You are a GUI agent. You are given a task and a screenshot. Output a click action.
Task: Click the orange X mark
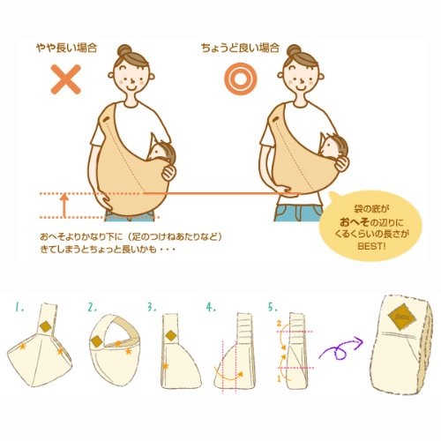(66, 79)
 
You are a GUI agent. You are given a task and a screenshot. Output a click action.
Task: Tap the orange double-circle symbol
(241, 79)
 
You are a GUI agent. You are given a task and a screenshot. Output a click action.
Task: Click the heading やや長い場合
(67, 48)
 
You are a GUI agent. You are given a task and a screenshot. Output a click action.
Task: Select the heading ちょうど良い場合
(240, 48)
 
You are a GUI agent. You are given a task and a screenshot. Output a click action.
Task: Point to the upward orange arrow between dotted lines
(64, 205)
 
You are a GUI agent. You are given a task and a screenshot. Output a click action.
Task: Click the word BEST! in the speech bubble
(371, 246)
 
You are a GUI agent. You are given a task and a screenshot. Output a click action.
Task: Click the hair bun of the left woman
(124, 50)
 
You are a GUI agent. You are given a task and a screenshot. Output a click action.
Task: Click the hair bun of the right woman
(294, 50)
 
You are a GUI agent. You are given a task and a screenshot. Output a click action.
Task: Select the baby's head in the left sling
(161, 151)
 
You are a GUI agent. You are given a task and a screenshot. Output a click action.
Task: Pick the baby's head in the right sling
(333, 147)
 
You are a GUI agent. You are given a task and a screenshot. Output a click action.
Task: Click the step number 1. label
(19, 307)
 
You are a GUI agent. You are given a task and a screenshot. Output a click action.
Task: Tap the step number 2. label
(92, 307)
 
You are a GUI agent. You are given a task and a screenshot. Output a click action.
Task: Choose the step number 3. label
(152, 307)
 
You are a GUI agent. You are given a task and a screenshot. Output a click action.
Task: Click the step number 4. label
(211, 307)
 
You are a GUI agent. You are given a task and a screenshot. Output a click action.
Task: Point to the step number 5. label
(273, 307)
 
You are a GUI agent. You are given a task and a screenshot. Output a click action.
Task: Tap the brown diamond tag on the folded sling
(402, 317)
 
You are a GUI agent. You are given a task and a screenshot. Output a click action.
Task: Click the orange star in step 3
(165, 366)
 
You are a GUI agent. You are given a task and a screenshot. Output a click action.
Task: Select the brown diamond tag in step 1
(46, 327)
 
